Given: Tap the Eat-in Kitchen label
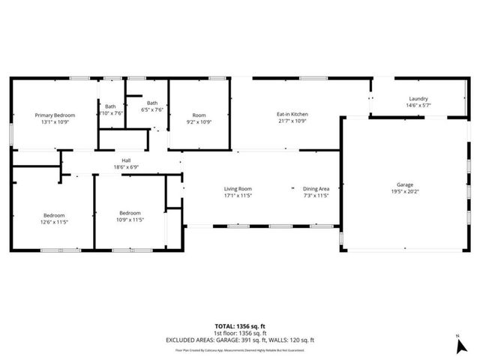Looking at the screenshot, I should pos(293,114).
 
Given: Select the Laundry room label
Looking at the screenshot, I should pos(418,99).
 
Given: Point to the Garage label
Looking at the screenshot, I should pos(405,184).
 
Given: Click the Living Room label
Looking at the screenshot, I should pos(238,189).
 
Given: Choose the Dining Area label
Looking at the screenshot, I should pos(316,189).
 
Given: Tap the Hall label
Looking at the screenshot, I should pos(126,160).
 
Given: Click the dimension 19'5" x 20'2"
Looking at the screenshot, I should pos(405,192).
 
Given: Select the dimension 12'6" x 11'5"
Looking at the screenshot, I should pos(53,221).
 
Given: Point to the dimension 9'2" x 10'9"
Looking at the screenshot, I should pos(199,121).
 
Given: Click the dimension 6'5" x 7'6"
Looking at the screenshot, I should pos(152,109).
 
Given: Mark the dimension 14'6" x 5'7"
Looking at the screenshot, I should pos(418,106).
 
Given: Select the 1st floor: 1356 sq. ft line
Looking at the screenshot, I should pos(239,332).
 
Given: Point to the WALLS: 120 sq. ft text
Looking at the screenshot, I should pos(293,339).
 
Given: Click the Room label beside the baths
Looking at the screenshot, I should pos(199,115).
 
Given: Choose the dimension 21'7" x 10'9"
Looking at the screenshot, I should pos(293,121).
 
